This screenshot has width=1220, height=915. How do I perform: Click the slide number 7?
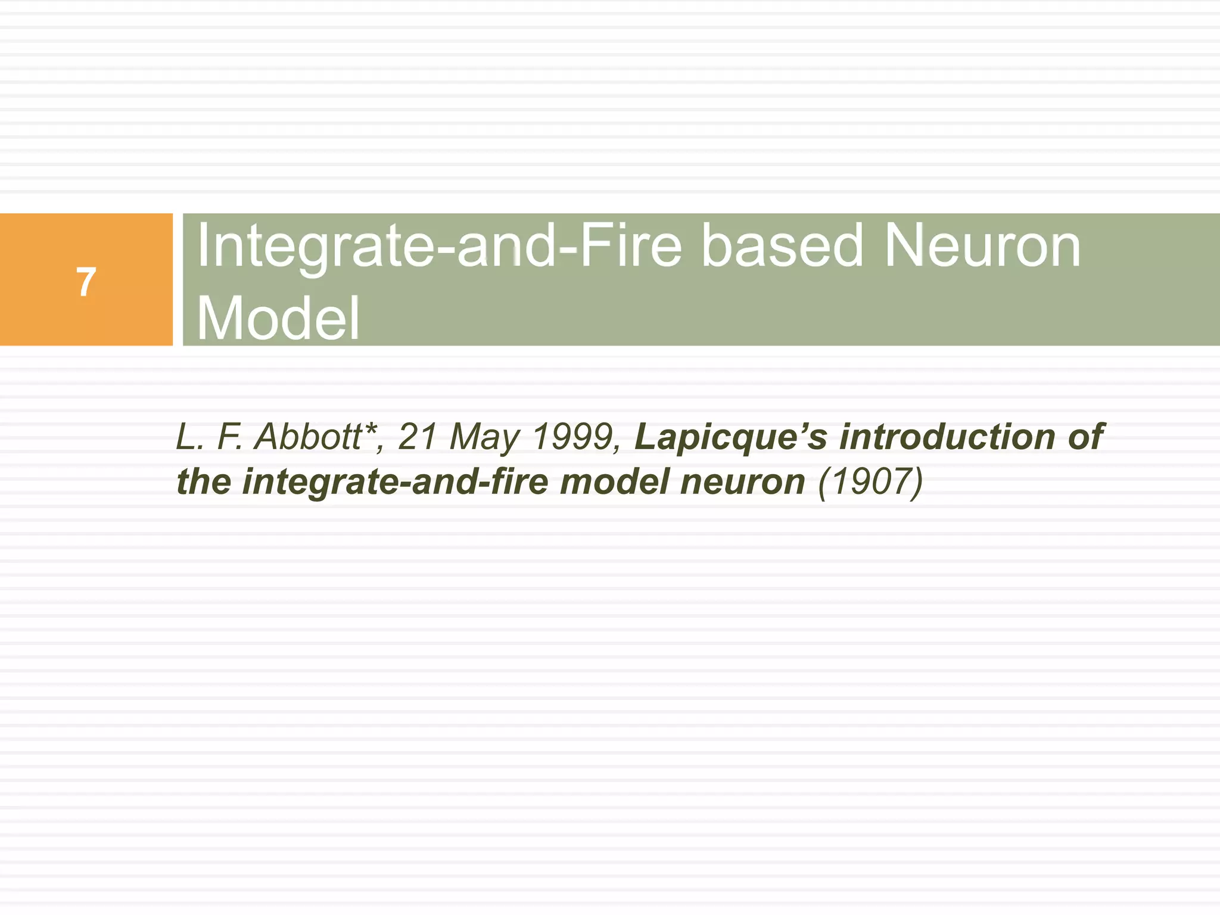(x=86, y=282)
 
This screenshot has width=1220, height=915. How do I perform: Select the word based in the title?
(x=782, y=246)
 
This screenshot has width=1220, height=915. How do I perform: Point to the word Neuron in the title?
(x=982, y=246)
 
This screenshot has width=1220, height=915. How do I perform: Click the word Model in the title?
(x=278, y=319)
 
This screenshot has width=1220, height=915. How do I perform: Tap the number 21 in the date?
(x=418, y=437)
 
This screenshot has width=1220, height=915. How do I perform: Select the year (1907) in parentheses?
(x=870, y=483)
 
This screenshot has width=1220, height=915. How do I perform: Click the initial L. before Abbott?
(x=190, y=437)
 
